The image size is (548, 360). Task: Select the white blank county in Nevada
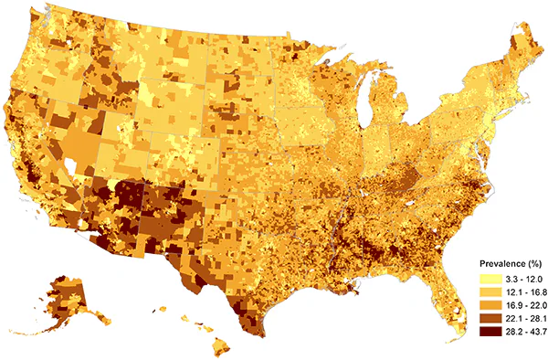70,168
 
